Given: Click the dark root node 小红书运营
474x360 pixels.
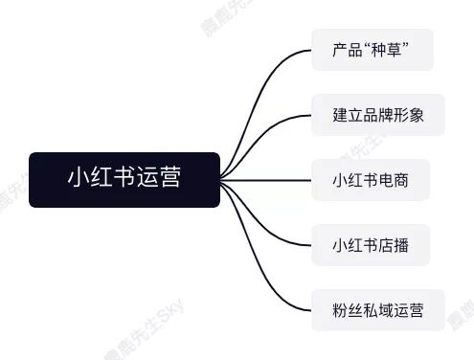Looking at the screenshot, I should pos(124,179).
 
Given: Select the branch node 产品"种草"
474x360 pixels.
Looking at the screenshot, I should pos(372,50).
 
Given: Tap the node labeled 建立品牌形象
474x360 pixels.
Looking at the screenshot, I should pos(377,115).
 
